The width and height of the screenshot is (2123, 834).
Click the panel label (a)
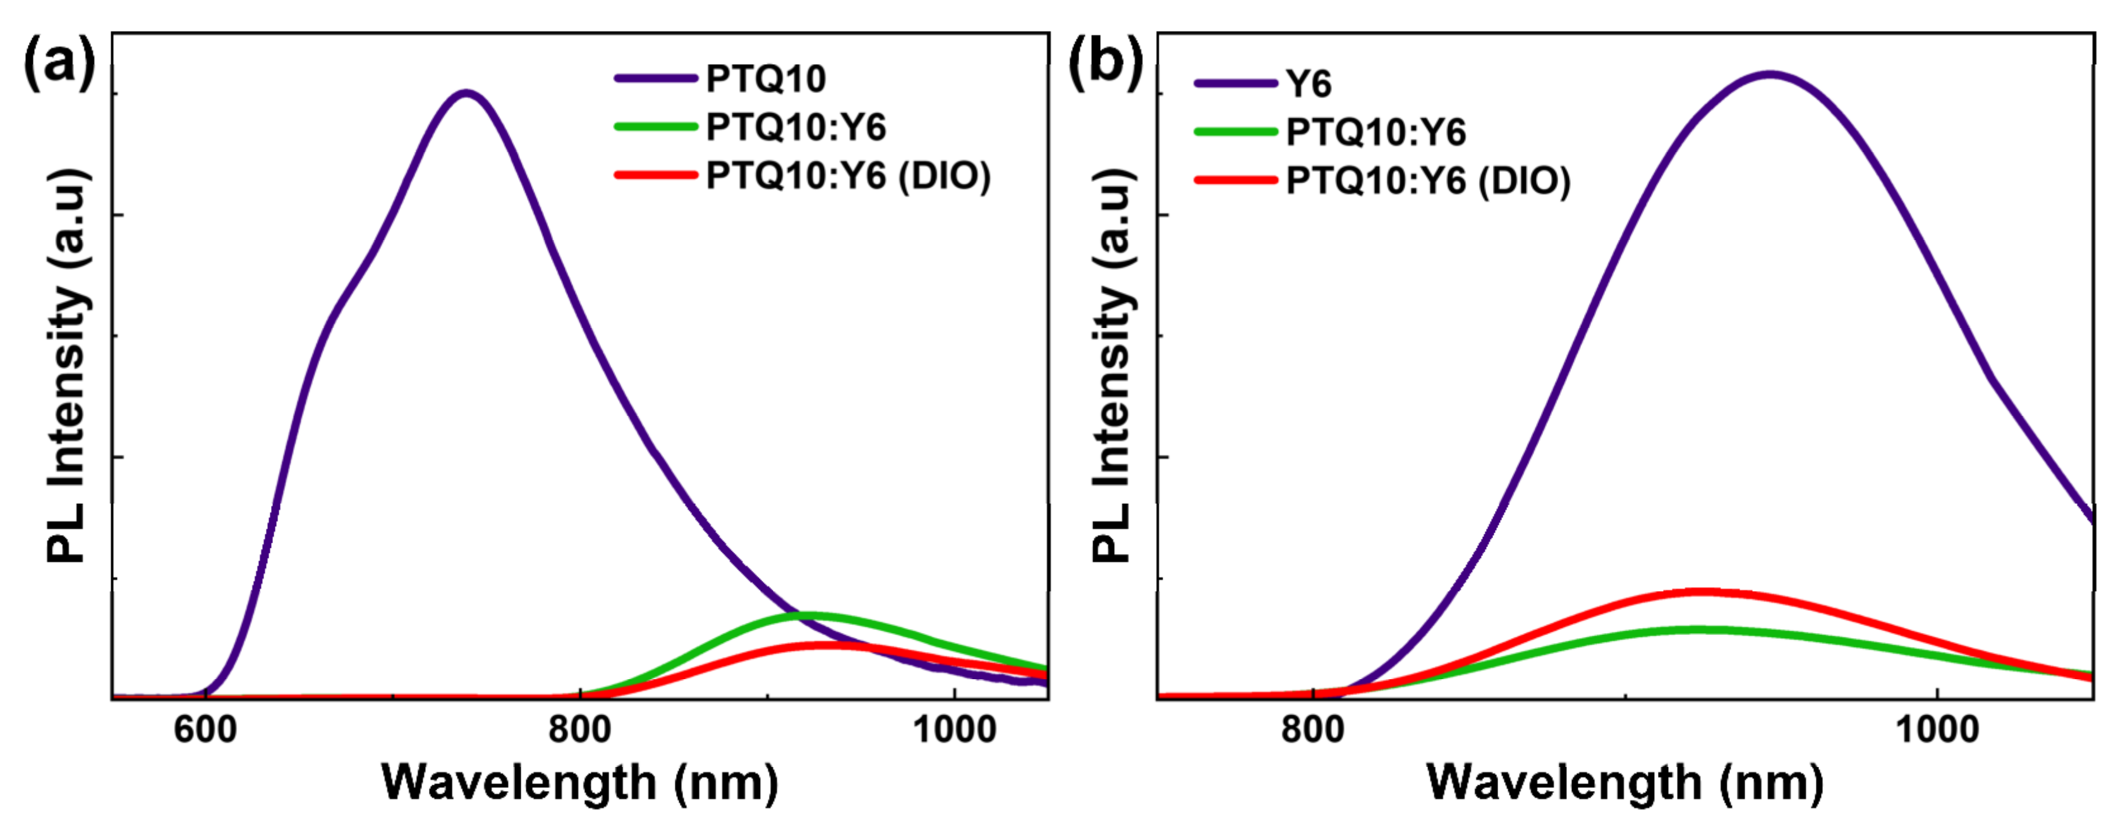pyautogui.click(x=59, y=62)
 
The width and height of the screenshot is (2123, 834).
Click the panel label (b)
pyautogui.click(x=1105, y=62)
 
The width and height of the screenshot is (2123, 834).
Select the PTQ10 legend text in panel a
pyautogui.click(x=766, y=79)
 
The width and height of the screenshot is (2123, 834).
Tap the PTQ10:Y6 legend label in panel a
pyautogui.click(x=795, y=128)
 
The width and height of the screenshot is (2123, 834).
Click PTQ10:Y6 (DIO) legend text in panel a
pyautogui.click(x=848, y=176)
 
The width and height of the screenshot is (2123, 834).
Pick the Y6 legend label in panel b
pyautogui.click(x=1308, y=84)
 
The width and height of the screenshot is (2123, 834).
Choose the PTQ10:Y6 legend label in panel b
pyautogui.click(x=1376, y=133)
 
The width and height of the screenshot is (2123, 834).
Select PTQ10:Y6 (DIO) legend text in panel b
pyautogui.click(x=1428, y=181)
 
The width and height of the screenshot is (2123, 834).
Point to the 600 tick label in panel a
pyautogui.click(x=205, y=730)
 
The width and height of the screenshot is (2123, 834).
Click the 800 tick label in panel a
pyautogui.click(x=580, y=730)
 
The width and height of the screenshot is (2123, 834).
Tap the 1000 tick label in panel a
pyautogui.click(x=954, y=730)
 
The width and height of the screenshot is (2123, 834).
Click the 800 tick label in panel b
pyautogui.click(x=1312, y=730)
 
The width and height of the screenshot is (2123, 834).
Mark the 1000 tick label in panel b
pyautogui.click(x=1937, y=730)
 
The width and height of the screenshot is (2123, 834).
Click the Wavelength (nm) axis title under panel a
pyautogui.click(x=579, y=782)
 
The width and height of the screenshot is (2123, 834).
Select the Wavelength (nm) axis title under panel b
pyautogui.click(x=1624, y=782)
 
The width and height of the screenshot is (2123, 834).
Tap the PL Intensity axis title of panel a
pyautogui.click(x=68, y=366)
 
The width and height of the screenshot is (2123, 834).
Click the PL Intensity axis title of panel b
pyautogui.click(x=1113, y=366)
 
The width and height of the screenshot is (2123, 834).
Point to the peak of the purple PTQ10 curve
pyautogui.click(x=466, y=93)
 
